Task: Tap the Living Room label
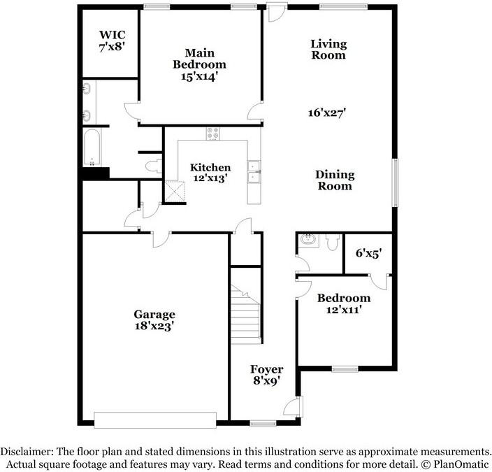[x=328, y=50]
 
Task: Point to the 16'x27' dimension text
[x=328, y=112]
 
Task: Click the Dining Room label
[x=335, y=180]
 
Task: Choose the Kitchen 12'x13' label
[x=210, y=173]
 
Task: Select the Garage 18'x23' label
[x=154, y=320]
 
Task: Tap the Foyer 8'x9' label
[x=267, y=376]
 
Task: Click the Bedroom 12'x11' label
[x=343, y=303]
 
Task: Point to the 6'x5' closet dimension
[x=368, y=255]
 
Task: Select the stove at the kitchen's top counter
[x=213, y=133]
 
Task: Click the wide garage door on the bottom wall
[x=155, y=420]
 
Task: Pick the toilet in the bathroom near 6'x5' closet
[x=332, y=241]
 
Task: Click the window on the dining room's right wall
[x=396, y=184]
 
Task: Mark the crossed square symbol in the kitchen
[x=171, y=190]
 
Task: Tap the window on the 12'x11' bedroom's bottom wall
[x=345, y=369]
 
